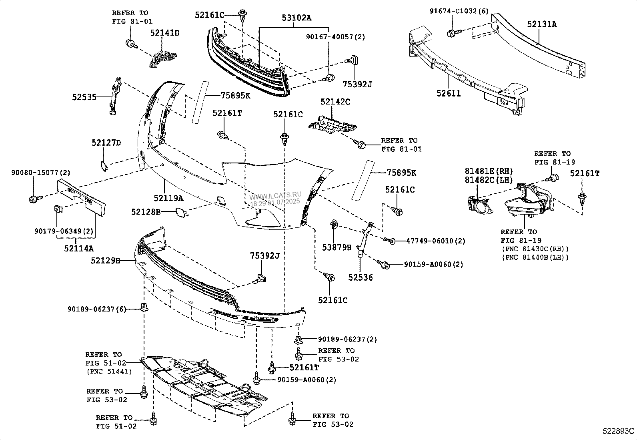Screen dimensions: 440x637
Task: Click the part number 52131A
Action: pos(541,24)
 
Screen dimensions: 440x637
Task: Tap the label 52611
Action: pos(448,93)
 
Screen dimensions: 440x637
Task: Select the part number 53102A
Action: pos(296,18)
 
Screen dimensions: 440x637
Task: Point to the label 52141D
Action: pos(165,33)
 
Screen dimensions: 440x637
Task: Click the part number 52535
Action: pos(84,97)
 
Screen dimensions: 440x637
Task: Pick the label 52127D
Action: pos(106,143)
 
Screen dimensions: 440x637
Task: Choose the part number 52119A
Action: pos(168,198)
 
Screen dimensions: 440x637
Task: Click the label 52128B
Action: pos(146,211)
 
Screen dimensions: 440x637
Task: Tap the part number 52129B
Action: pos(105,261)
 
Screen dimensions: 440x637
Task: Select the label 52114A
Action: pos(78,249)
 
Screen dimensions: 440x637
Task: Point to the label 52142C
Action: pos(335,102)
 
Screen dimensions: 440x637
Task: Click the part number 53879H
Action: pos(337,247)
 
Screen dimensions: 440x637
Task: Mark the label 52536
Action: pos(360,277)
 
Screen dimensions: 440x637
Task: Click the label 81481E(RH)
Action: pos(489,171)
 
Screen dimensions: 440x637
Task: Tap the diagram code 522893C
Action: pos(619,431)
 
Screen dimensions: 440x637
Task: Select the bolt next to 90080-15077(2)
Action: pos(34,198)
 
